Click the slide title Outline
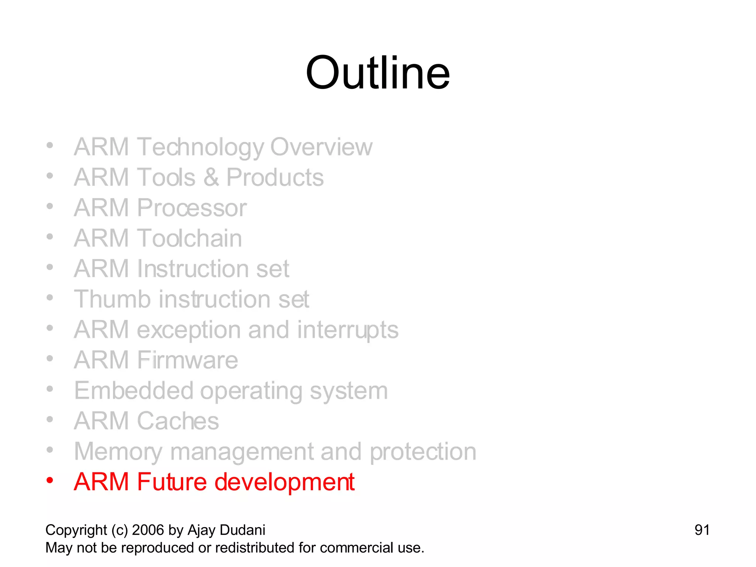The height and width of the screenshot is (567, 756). (x=378, y=73)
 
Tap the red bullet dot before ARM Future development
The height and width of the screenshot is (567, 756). (x=50, y=480)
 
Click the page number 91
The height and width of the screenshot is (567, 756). (x=702, y=530)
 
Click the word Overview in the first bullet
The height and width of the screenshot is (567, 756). (x=321, y=147)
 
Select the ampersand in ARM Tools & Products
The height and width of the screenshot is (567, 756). (x=211, y=178)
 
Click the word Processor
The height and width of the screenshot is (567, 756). (x=192, y=208)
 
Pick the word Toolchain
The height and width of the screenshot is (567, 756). (x=189, y=238)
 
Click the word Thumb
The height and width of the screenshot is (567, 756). (x=112, y=299)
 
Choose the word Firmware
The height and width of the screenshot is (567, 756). (x=188, y=360)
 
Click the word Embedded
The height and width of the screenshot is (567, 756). (x=134, y=391)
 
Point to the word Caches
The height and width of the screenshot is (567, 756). (x=178, y=421)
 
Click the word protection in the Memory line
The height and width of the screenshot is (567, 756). (x=423, y=452)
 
